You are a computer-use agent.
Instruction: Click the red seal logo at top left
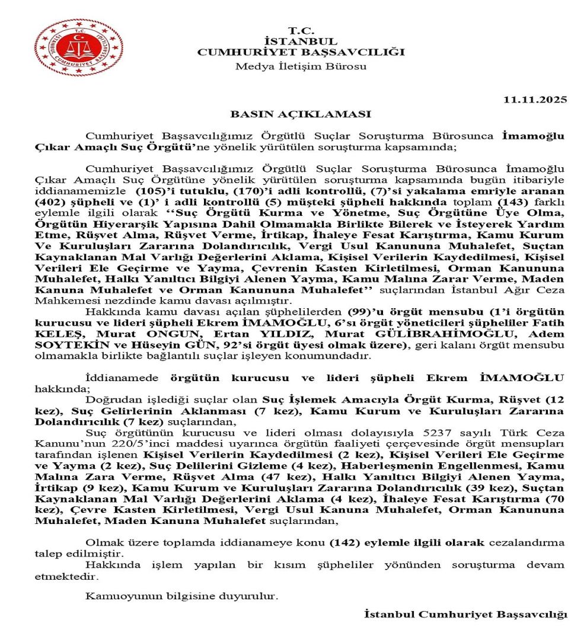tap(71, 46)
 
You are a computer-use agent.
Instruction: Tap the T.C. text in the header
tap(301, 30)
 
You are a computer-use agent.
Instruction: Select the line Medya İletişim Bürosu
tap(301, 66)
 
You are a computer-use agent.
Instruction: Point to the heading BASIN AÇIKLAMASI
tap(301, 114)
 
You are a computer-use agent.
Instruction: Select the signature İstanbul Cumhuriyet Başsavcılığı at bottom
tap(465, 614)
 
